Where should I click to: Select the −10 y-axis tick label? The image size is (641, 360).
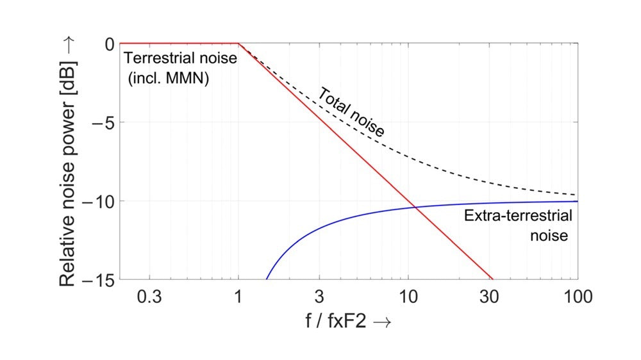coord(97,201)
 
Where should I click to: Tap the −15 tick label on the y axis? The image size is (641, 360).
coord(97,280)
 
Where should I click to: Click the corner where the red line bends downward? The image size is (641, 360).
coord(238,44)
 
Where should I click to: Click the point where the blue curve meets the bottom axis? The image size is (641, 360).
coord(266,279)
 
